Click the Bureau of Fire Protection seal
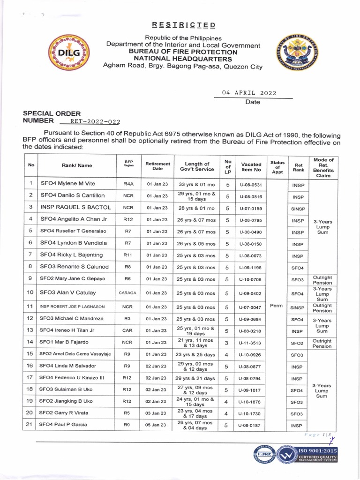pos(297,53)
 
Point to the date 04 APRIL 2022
pos(249,93)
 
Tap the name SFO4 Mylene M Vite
pos(67,185)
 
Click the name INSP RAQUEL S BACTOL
pos(75,207)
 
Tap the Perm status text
pos(277,305)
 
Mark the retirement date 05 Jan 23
pos(157,425)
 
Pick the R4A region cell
pos(128,185)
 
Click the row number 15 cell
pos(30,354)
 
